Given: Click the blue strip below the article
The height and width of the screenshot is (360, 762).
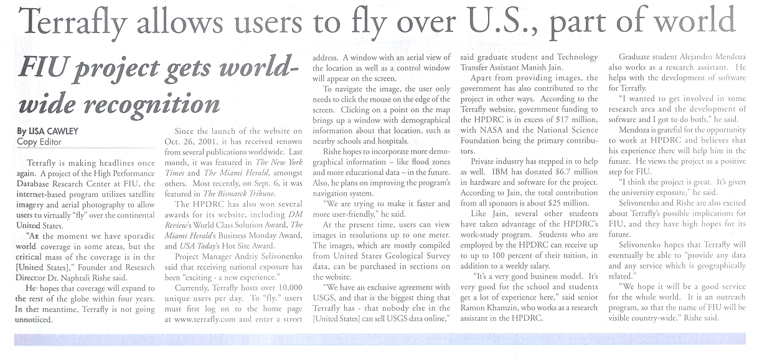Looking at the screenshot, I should pos(380,339).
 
